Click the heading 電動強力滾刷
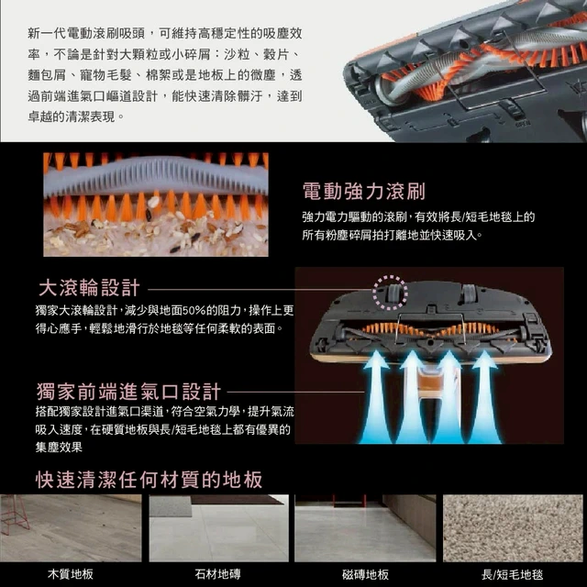363,192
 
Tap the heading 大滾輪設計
89,288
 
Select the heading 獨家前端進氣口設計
128,392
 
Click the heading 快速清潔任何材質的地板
149,480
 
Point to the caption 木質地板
71,574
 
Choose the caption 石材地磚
218,574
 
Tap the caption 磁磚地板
365,574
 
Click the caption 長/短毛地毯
512,574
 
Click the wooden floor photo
72,528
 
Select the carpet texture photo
513,528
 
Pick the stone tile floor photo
218,528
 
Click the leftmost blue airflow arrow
375,397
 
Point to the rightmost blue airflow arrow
484,397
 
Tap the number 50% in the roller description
194,310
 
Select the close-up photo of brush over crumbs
156,205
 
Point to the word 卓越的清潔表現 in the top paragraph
72,116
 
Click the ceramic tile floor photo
365,528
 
